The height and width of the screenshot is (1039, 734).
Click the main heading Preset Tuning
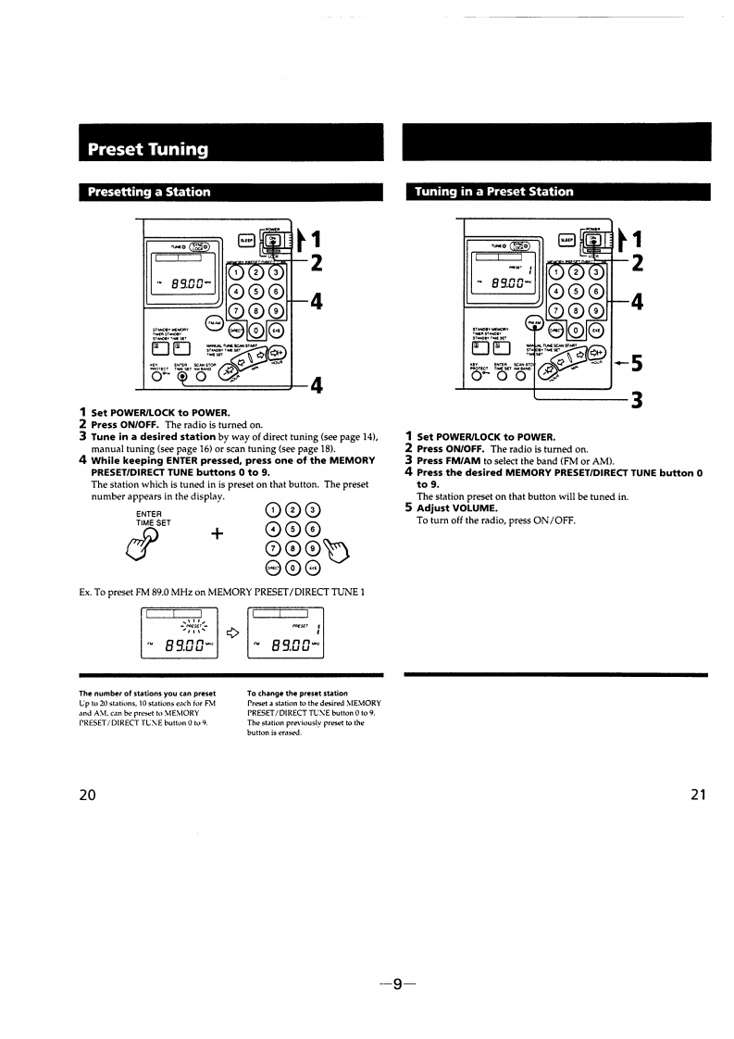(147, 149)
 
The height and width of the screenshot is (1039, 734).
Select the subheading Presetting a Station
(148, 193)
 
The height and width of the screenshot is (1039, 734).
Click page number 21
(698, 794)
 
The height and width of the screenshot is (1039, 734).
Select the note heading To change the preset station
(297, 693)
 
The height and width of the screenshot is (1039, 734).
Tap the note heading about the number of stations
(147, 693)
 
